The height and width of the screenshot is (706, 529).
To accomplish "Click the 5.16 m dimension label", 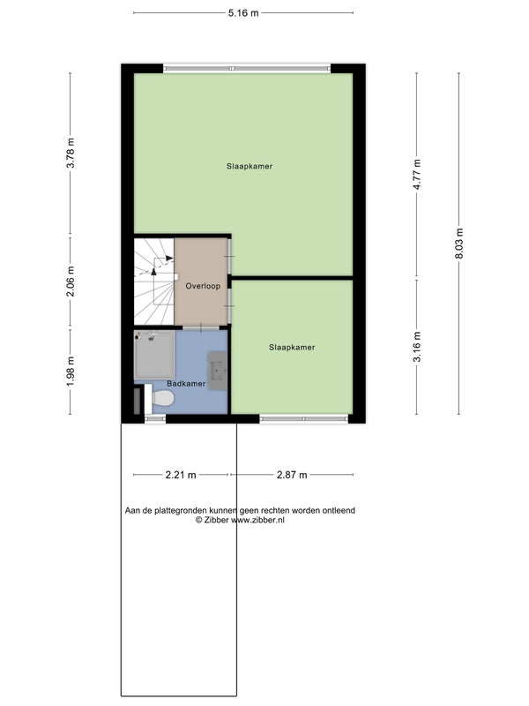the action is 243,13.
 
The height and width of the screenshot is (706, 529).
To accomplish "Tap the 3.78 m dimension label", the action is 71,153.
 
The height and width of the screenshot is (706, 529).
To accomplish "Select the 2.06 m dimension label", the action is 71,282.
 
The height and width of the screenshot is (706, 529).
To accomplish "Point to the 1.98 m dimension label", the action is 71,371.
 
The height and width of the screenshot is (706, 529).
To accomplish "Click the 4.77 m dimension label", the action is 417,174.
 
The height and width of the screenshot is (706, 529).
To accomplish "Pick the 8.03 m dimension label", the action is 459,244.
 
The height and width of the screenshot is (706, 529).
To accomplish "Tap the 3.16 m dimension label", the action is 417,347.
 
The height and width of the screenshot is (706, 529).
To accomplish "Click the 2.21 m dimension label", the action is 181,475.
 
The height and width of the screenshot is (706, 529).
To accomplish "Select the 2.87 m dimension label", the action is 292,475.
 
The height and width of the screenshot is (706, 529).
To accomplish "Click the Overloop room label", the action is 203,286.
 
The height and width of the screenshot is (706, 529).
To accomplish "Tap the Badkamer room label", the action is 186,384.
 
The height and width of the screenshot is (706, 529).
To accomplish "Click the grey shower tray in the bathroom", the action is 154,355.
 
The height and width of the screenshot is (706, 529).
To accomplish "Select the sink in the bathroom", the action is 217,371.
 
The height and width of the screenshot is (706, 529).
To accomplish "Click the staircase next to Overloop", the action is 154,282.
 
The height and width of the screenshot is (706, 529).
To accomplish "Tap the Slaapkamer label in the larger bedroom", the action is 250,166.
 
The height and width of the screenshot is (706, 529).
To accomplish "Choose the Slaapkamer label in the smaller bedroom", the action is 292,347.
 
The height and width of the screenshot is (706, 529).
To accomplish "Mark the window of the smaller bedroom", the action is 304,418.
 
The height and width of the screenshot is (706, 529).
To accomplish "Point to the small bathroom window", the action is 155,418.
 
